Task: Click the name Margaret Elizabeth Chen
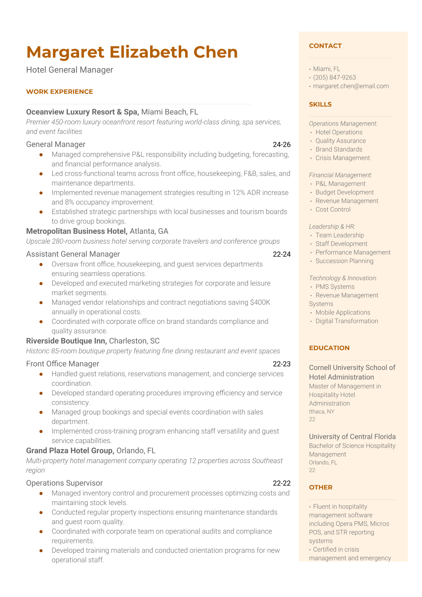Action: (132, 52)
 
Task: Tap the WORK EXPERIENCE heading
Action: (60, 92)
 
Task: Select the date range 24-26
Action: (282, 145)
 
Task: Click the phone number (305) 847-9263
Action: (334, 77)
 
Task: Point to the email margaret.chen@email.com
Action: (351, 86)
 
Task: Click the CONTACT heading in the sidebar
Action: (325, 46)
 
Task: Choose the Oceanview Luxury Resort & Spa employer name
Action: (82, 112)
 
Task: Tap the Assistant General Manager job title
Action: (73, 254)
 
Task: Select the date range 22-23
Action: (282, 364)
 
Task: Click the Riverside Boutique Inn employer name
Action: (66, 341)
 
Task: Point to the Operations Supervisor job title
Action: (65, 483)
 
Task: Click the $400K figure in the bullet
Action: (260, 303)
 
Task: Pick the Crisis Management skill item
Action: (343, 158)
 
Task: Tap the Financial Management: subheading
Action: (340, 175)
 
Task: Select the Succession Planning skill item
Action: (344, 261)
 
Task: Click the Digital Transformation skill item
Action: (347, 321)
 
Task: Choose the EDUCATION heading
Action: (329, 348)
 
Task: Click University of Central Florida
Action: (352, 437)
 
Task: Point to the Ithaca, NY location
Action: (322, 411)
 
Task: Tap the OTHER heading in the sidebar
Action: (321, 487)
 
